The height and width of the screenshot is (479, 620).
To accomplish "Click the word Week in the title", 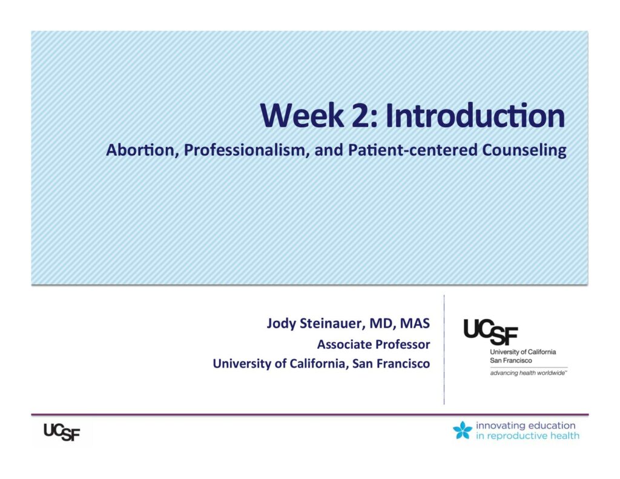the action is (302, 116).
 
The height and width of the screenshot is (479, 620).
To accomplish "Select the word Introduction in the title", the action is (475, 116).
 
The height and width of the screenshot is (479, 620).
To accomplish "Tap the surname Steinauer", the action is (331, 323).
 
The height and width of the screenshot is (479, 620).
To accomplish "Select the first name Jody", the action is (281, 324).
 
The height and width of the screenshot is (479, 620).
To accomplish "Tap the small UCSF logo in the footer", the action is (62, 432).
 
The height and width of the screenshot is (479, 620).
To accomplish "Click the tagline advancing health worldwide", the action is (529, 373).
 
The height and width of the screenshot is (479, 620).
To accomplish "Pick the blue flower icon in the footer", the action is (463, 431).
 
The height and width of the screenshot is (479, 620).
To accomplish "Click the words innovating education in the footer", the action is (526, 426).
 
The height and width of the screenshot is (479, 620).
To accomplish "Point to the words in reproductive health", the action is (527, 436).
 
